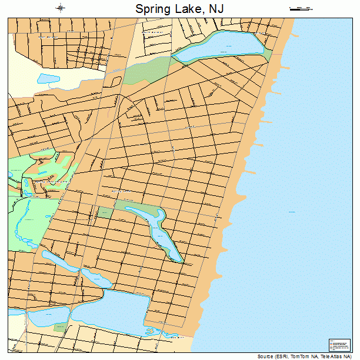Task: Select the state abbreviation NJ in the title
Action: point(216,9)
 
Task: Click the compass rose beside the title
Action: point(60,8)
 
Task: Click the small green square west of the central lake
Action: point(104,212)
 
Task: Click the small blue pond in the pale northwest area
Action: point(45,77)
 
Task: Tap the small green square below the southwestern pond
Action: point(59,328)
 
